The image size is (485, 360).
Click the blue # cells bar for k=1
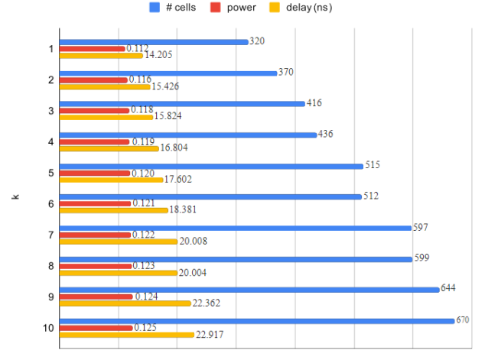pos(153,41)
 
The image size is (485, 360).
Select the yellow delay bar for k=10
pos(126,335)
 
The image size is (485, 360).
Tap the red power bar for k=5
pos(95,173)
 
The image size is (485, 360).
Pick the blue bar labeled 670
pos(256,321)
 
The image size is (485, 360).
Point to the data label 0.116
pos(140,79)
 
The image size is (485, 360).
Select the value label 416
pos(314,102)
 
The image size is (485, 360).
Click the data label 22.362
pos(207,303)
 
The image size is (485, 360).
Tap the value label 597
pos(420,227)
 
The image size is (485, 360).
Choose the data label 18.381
pos(184,211)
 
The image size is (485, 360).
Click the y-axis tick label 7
pos(50,235)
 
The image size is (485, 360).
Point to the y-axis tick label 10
pos(48,328)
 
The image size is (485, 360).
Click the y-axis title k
pos(15,197)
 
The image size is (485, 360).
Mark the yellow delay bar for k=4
pos(109,148)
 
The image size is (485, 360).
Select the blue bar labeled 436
pos(187,135)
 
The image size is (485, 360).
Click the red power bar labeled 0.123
pos(96,266)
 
